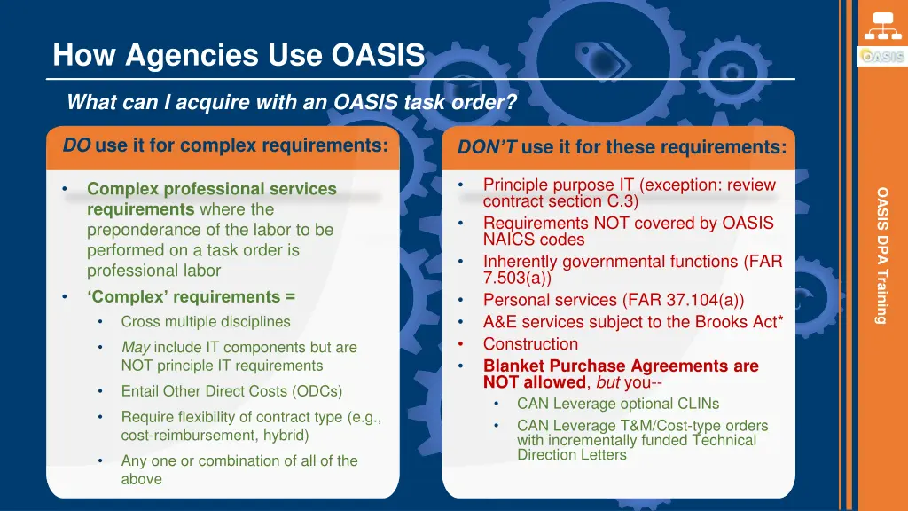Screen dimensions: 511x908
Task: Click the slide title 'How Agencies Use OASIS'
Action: pos(239,55)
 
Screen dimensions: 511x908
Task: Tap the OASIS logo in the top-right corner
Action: pos(881,56)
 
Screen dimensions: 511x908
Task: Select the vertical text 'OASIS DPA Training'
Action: pos(881,255)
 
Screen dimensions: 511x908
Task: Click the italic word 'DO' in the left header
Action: pos(76,145)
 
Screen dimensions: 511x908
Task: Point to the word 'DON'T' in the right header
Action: pos(487,147)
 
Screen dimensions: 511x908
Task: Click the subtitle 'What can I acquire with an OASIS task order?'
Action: pos(292,102)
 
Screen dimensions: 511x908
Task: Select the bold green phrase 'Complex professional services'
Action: pos(211,189)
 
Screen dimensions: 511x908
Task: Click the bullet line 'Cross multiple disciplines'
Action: pos(206,321)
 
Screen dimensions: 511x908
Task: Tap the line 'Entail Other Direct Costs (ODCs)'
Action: pos(231,391)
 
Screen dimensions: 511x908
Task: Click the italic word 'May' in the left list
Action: pos(135,347)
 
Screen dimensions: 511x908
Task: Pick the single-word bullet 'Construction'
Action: pos(530,343)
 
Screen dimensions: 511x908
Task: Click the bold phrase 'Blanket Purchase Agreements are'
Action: pos(621,366)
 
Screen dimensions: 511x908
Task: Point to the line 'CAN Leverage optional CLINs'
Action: pos(618,404)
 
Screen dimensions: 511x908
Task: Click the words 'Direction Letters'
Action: pos(572,455)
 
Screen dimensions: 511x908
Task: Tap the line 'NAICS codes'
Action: pos(534,240)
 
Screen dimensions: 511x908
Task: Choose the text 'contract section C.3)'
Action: pos(560,201)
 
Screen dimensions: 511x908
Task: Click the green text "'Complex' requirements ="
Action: pos(191,296)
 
